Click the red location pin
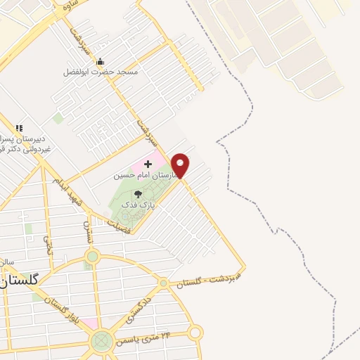tap(181, 165)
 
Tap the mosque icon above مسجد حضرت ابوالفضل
tap(100, 61)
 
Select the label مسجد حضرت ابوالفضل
tap(101, 72)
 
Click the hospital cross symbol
tap(148, 163)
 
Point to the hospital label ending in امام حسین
tap(143, 173)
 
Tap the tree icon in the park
tap(138, 193)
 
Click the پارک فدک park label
tap(136, 203)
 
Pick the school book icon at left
tap(19, 128)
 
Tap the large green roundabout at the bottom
tap(101, 342)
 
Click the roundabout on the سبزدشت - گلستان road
tap(164, 283)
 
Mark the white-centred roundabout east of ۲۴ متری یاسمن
tap(195, 333)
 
